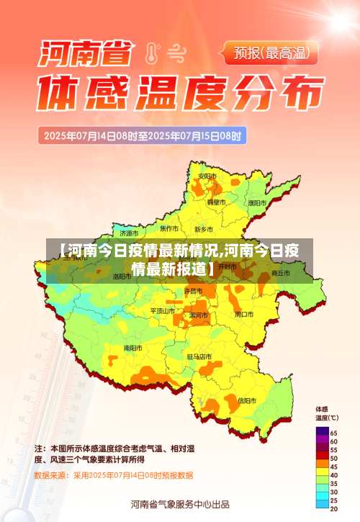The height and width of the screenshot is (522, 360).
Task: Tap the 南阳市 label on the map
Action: pyautogui.click(x=132, y=348)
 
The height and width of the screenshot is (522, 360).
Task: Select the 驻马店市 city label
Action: pyautogui.click(x=199, y=356)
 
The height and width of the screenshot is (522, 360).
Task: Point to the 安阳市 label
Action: pyautogui.click(x=207, y=176)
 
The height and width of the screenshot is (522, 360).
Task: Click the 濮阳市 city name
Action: pyautogui.click(x=257, y=203)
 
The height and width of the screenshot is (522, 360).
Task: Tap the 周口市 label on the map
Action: pyautogui.click(x=244, y=315)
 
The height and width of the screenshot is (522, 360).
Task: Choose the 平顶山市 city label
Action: pyautogui.click(x=163, y=311)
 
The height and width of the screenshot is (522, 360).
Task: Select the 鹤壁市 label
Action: pyautogui.click(x=216, y=202)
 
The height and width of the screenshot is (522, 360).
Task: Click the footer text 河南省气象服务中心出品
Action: pyautogui.click(x=180, y=504)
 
